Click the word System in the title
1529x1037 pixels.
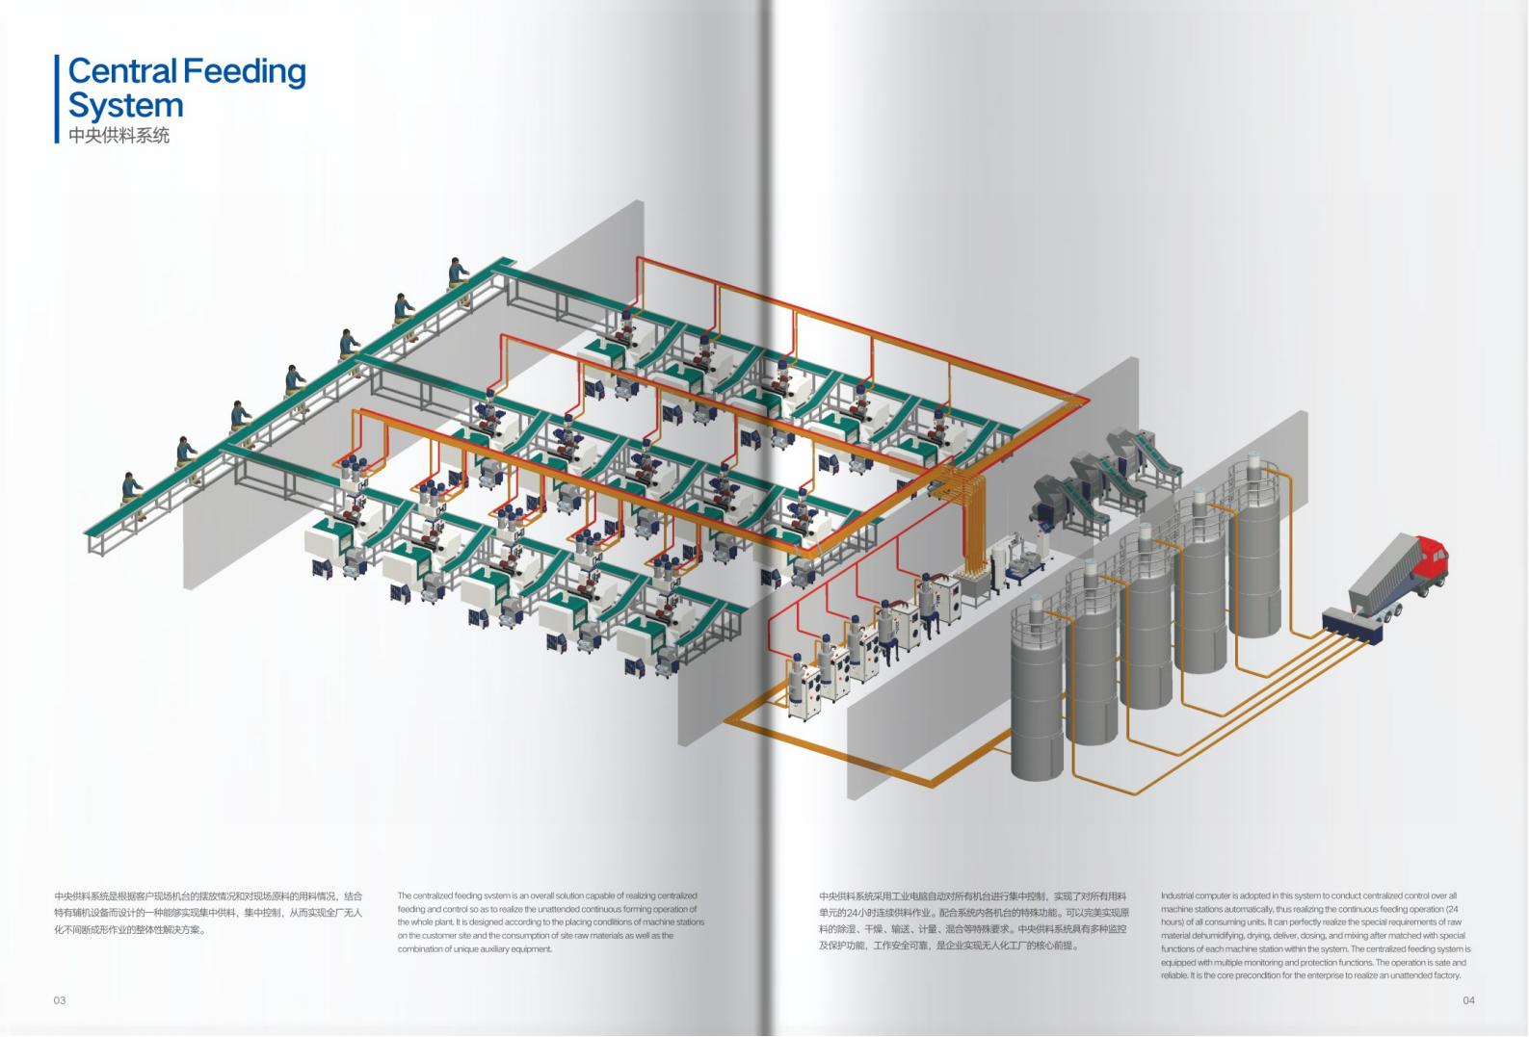coord(125,105)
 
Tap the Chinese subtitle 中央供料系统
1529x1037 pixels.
coord(119,136)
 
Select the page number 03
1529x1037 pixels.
coord(60,1000)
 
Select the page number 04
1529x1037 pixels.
coord(1468,1000)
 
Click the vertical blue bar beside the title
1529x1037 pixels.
coord(58,99)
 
